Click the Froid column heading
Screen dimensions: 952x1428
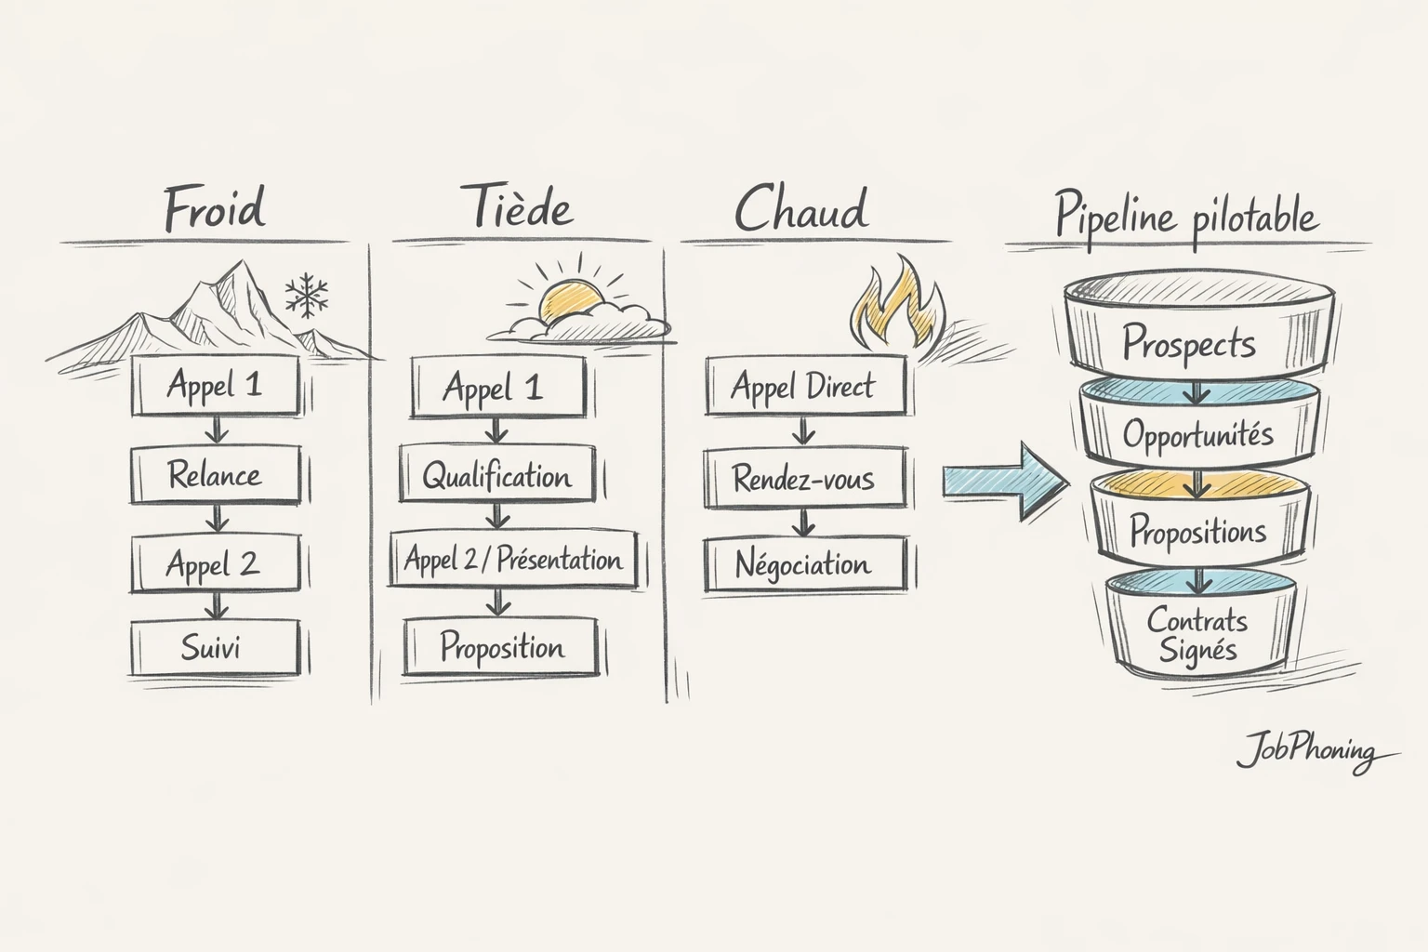[x=215, y=208]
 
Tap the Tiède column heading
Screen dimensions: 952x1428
[x=518, y=208]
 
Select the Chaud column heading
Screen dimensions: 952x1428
[x=801, y=209]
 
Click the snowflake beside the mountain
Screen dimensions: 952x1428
[x=307, y=296]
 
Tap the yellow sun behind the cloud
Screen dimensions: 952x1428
[x=569, y=299]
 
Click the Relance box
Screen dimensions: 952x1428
[x=215, y=475]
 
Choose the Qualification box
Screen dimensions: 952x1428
[x=497, y=476]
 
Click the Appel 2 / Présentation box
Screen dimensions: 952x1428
[x=513, y=560]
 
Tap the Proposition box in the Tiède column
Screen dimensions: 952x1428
[x=501, y=647]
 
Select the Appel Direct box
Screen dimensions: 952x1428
[x=804, y=386]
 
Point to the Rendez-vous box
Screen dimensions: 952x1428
[x=804, y=479]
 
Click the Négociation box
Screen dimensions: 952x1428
[x=804, y=563]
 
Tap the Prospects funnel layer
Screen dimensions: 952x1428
[x=1189, y=342]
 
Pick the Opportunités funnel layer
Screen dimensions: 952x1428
[x=1197, y=433]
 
